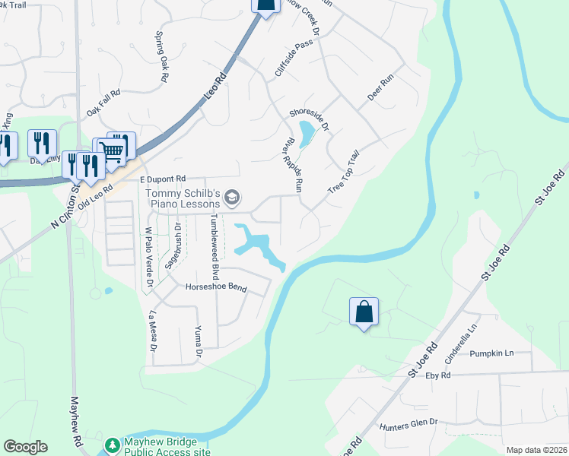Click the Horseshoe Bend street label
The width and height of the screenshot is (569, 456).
coord(217,288)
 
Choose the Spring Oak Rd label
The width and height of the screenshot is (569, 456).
coord(161,56)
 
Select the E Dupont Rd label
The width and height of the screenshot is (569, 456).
coord(162,179)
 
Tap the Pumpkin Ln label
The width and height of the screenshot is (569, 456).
coord(491,353)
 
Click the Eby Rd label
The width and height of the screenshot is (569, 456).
coord(439,375)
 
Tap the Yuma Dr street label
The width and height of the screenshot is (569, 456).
coord(198,341)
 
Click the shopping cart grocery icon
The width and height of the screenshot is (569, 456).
coord(112,150)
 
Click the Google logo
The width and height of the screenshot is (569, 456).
coord(25,447)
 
